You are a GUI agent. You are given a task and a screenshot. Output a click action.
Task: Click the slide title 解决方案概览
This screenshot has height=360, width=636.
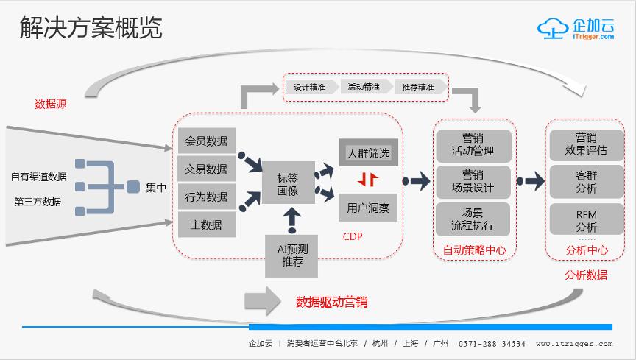point(90,29)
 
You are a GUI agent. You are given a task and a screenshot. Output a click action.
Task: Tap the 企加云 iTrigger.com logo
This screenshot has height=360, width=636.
point(576,30)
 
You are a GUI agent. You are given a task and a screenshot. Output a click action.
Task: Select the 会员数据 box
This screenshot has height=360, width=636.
point(207,141)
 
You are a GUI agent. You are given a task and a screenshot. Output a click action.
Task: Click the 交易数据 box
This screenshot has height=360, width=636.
point(207,169)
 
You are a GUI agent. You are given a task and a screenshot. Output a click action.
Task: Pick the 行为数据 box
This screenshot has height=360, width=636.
point(207,197)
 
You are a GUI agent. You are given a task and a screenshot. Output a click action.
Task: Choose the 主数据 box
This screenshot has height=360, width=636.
point(207,225)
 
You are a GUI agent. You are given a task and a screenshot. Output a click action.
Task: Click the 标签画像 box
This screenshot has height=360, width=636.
point(289,183)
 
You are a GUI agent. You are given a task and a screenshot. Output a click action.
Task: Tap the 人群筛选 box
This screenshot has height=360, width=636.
point(368,153)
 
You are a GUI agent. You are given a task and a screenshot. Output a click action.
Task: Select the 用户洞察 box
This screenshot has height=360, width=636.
point(368,208)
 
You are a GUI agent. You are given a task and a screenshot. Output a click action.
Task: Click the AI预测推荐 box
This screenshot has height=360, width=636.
point(291,255)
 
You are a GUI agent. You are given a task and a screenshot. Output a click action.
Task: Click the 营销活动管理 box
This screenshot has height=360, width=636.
point(473,145)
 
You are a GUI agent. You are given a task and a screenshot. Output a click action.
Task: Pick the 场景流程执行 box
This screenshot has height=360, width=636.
point(473,219)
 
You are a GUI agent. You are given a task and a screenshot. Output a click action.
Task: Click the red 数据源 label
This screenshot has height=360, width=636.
point(50,104)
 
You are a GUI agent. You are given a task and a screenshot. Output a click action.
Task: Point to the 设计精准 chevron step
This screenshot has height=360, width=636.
point(310,87)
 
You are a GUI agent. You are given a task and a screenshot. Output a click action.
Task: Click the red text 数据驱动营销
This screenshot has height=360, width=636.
point(331,302)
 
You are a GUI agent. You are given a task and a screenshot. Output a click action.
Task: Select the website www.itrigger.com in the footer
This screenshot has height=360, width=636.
point(573,344)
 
